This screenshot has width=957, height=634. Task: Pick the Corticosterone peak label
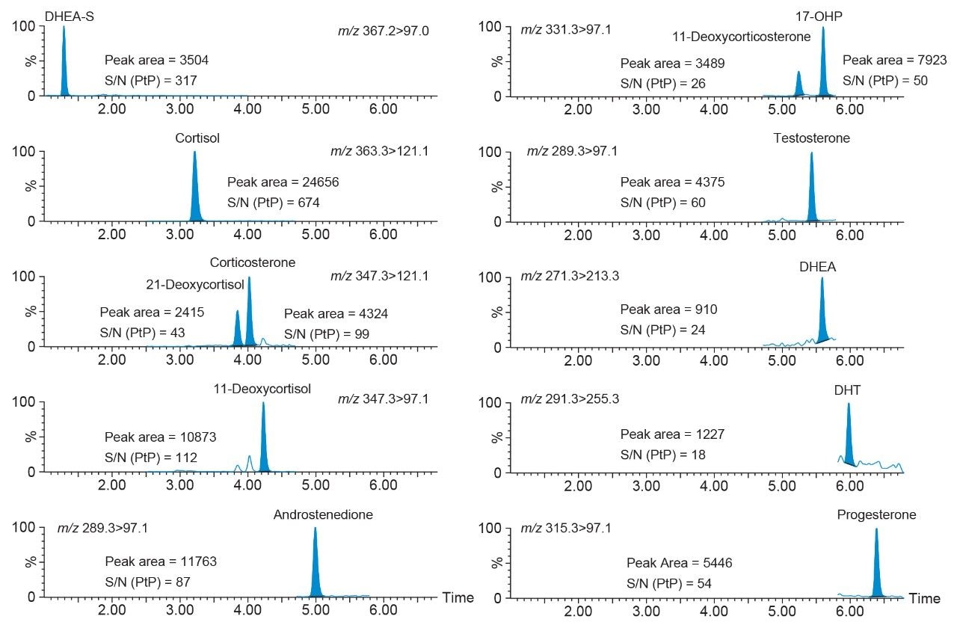click(x=253, y=263)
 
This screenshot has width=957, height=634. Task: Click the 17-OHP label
click(x=821, y=15)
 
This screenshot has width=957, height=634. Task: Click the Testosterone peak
click(x=811, y=191)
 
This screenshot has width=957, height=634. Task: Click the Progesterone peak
click(x=876, y=568)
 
